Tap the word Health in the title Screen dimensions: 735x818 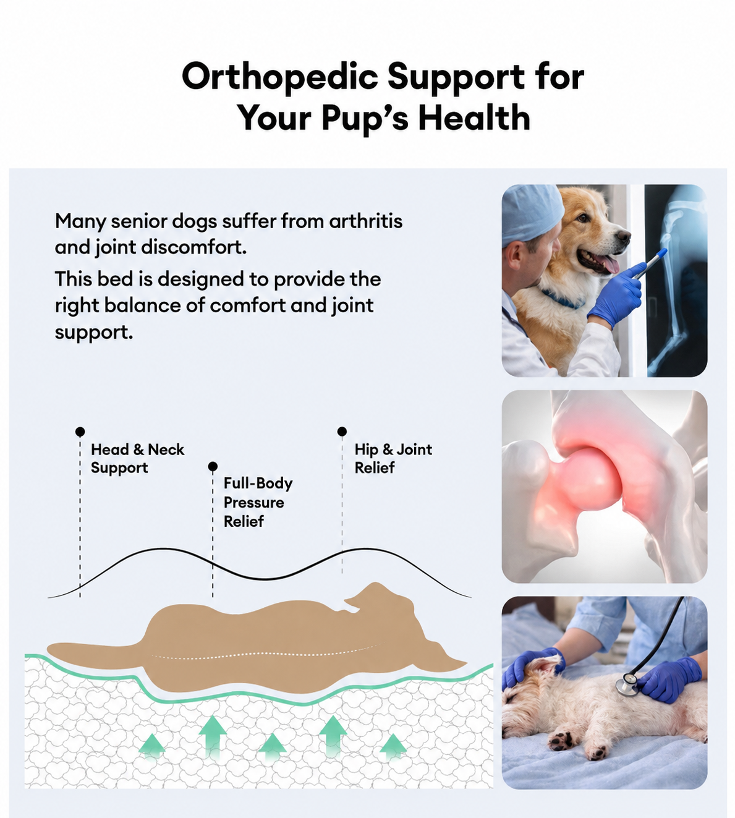[474, 117]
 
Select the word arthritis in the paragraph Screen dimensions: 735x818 [365, 221]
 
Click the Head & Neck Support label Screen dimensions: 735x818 [137, 458]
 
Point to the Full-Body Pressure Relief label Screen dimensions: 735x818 [258, 502]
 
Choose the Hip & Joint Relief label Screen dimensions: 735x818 [393, 458]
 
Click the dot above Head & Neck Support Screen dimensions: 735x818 [80, 432]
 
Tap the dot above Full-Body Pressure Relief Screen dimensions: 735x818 [213, 466]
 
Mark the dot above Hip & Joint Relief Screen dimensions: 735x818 [342, 431]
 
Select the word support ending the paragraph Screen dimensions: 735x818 [94, 333]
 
